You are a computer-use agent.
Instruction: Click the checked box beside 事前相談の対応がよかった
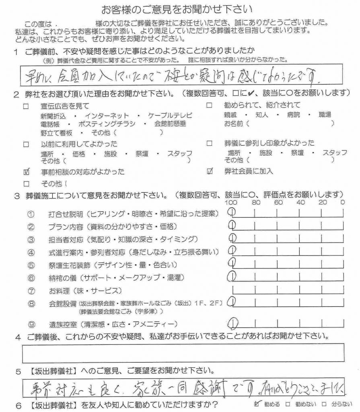[x=27, y=172]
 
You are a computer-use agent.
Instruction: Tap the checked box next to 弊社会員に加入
[x=209, y=171]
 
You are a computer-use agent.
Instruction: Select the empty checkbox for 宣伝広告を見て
[x=27, y=107]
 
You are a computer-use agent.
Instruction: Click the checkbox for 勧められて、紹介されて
[x=209, y=106]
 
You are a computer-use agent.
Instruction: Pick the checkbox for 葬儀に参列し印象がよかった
[x=209, y=143]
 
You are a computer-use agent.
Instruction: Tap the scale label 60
[x=278, y=202]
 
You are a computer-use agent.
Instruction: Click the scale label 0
[x=342, y=202]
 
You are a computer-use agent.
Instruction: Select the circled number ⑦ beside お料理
[x=31, y=290]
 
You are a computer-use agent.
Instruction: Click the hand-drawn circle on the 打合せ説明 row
[x=232, y=212]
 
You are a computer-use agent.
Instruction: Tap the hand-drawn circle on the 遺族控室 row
[x=233, y=322]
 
